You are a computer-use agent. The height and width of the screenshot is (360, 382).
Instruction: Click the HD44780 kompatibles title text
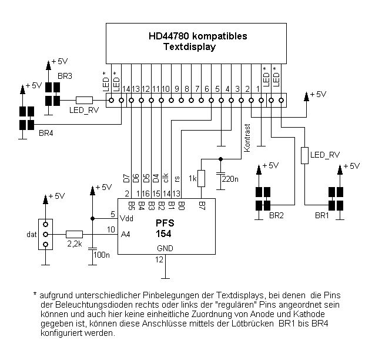(198, 36)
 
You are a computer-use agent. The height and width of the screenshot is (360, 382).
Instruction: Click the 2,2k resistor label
(75, 242)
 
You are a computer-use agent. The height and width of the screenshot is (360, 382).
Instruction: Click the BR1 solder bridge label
(322, 216)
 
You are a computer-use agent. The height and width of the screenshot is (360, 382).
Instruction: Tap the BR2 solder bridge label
(276, 216)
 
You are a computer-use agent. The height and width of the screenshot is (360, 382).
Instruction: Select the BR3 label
(65, 76)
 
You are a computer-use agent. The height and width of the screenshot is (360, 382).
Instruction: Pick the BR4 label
(46, 134)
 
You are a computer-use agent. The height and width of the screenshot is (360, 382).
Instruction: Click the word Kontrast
(247, 139)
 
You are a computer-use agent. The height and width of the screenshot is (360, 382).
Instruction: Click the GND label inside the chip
(165, 249)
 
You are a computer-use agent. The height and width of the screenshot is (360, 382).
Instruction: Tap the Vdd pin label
(127, 218)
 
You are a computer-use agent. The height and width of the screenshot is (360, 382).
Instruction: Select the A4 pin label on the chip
(125, 234)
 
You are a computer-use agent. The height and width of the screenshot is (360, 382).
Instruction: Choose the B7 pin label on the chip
(202, 206)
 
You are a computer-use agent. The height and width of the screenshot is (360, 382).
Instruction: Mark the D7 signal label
(126, 176)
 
